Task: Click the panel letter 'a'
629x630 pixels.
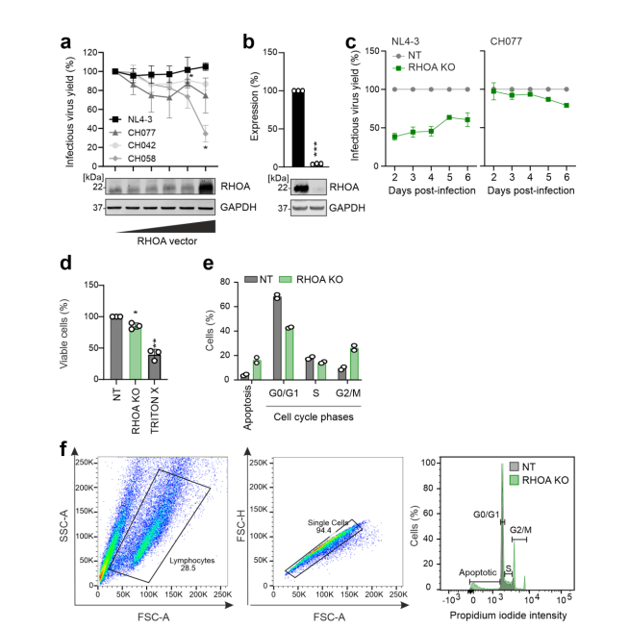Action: click(x=66, y=41)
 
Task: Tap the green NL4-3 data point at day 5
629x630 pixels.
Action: click(x=449, y=117)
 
